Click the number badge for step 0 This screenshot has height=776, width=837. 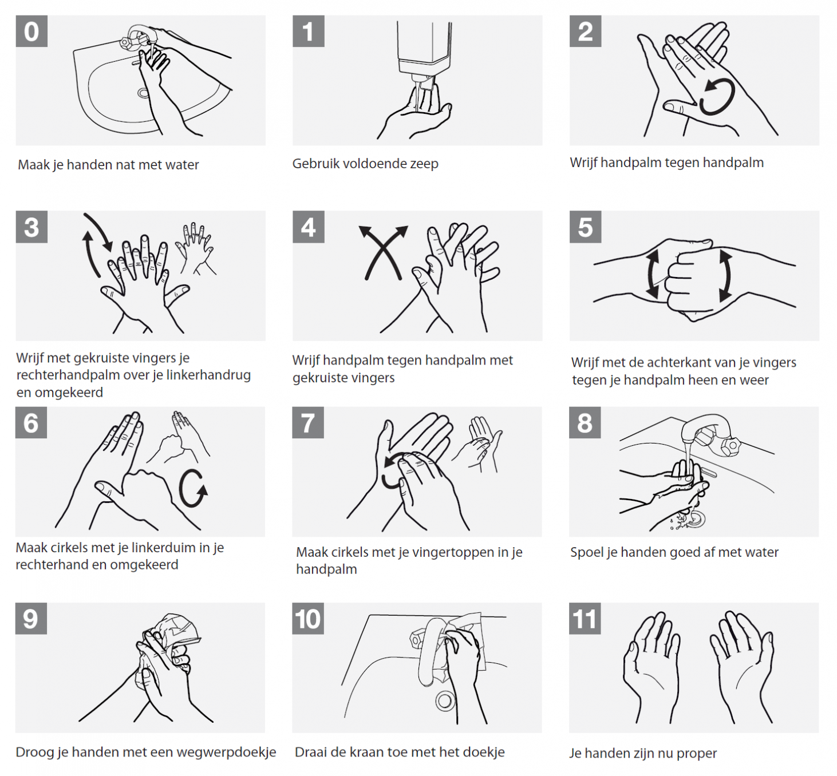tap(31, 31)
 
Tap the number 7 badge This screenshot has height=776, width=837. tap(308, 422)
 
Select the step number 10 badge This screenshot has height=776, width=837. tap(308, 619)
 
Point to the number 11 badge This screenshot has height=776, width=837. tap(585, 619)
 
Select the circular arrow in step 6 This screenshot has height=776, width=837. tap(192, 488)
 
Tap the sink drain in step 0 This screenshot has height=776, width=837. tap(143, 93)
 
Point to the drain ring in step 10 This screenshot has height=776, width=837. tap(445, 702)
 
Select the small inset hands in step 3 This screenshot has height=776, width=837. tap(196, 248)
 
